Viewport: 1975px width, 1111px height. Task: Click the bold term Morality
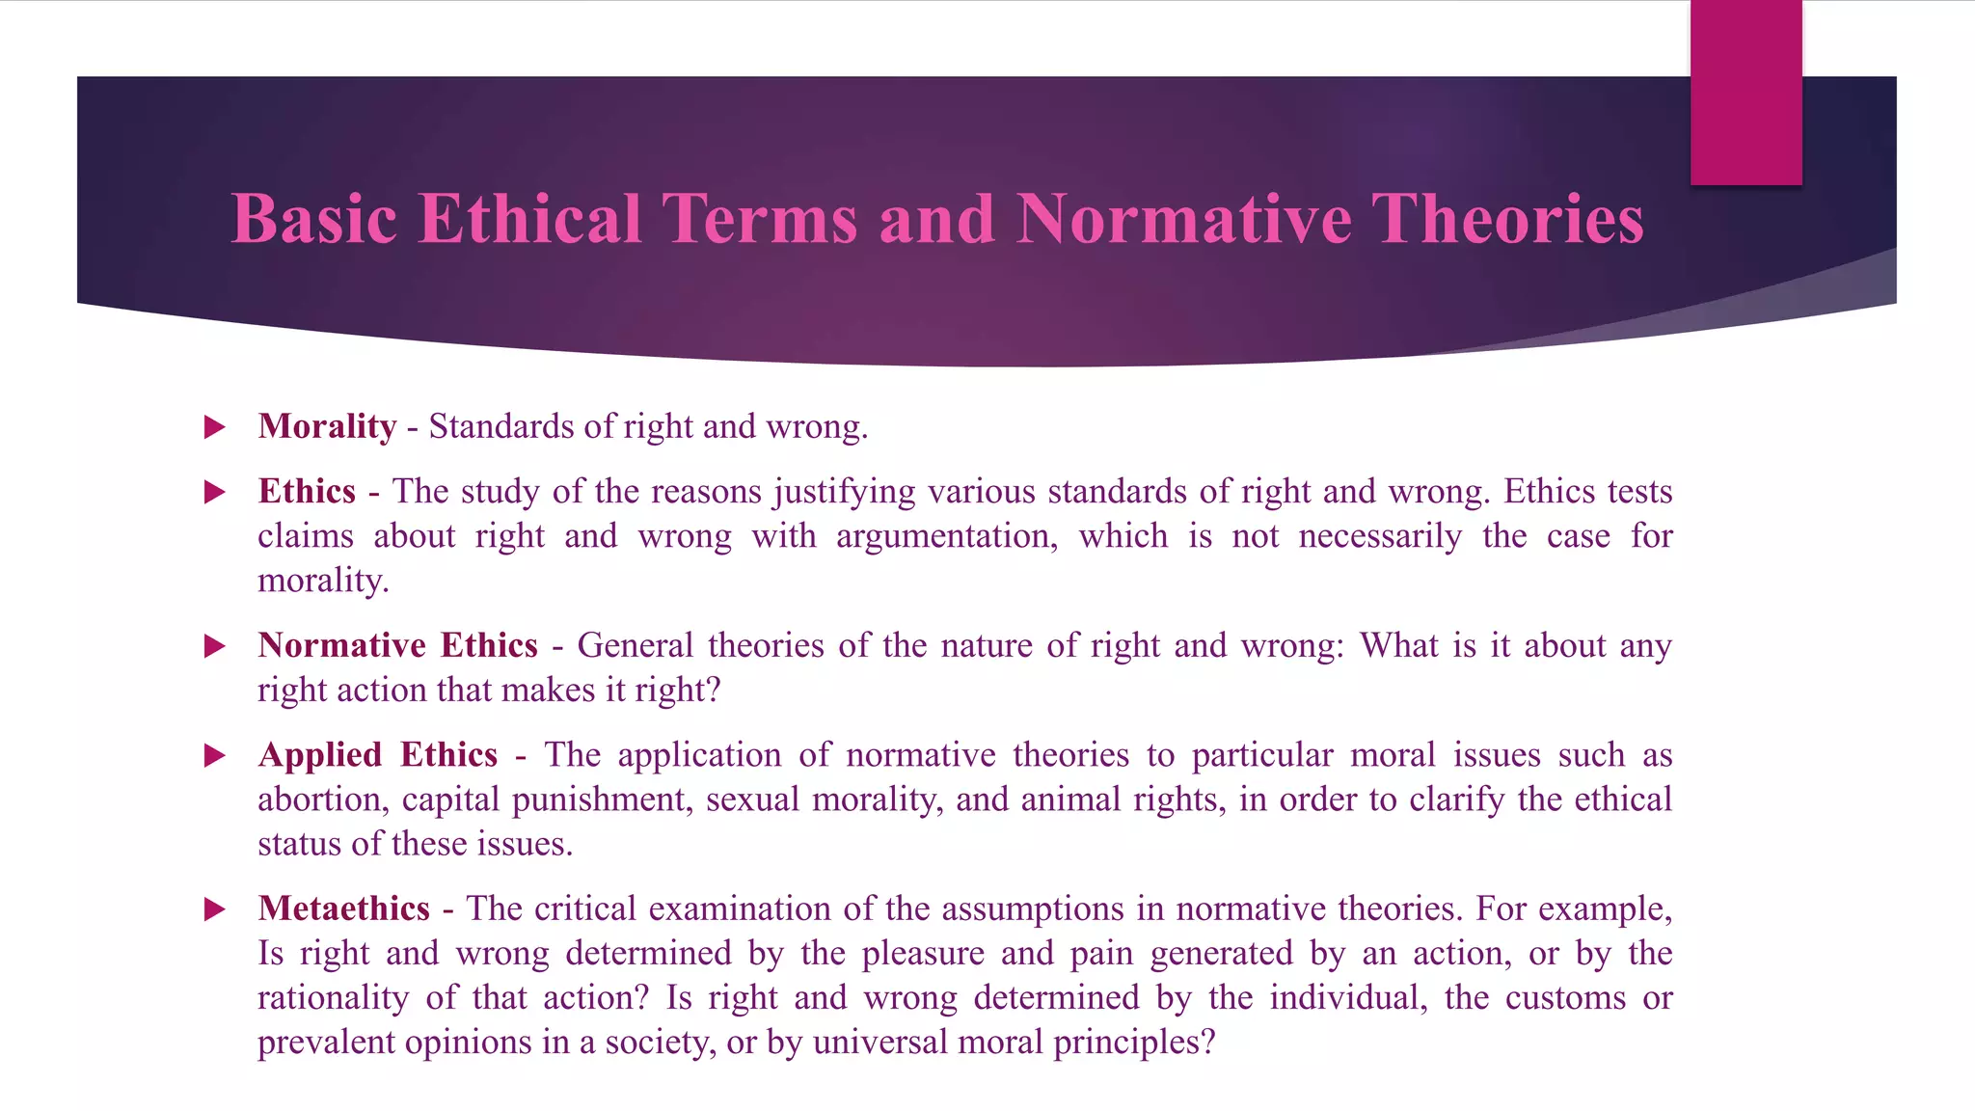click(327, 426)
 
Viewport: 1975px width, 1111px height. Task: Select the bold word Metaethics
click(343, 908)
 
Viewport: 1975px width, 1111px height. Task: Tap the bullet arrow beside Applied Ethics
click(214, 755)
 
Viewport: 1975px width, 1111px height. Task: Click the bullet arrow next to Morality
click(214, 427)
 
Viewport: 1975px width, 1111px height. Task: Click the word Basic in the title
click(314, 219)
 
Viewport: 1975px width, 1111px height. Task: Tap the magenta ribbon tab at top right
click(1745, 92)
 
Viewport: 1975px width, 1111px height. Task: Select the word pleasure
click(922, 953)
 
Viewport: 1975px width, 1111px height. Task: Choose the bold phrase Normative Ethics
click(397, 645)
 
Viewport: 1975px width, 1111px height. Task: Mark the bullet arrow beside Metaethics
click(214, 909)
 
